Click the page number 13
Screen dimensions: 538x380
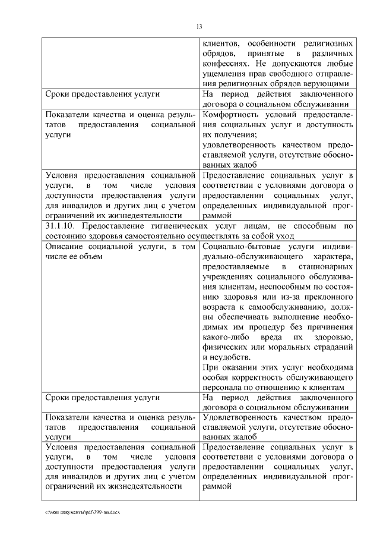[x=199, y=26]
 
